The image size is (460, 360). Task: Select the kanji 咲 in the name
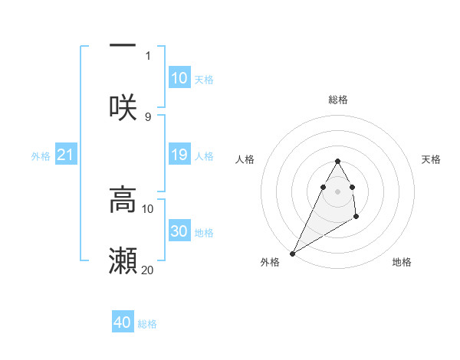(x=123, y=107)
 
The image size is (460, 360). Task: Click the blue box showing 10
(x=179, y=78)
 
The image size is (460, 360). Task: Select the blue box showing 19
(x=179, y=155)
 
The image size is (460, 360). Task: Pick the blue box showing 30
(x=179, y=231)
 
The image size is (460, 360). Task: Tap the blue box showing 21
(x=66, y=155)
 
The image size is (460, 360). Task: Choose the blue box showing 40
(x=123, y=322)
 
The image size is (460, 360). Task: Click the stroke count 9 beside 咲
(x=148, y=116)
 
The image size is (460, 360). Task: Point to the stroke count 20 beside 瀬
(x=148, y=270)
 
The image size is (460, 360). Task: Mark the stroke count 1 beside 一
(x=148, y=55)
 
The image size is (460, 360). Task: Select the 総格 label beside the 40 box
(x=147, y=324)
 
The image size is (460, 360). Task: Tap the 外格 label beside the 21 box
(x=41, y=155)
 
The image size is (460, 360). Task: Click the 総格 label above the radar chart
(x=337, y=100)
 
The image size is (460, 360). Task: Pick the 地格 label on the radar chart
(x=402, y=262)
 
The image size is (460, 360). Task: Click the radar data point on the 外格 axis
(x=292, y=254)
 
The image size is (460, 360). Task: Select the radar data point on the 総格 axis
(x=337, y=161)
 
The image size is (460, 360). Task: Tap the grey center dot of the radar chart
(x=337, y=191)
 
